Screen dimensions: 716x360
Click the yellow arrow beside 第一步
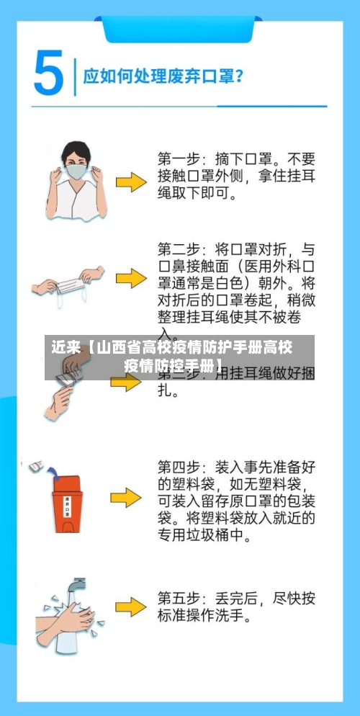[131, 182]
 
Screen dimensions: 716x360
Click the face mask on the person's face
[76, 172]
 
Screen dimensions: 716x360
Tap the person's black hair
[76, 150]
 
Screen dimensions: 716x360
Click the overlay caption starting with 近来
[173, 357]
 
